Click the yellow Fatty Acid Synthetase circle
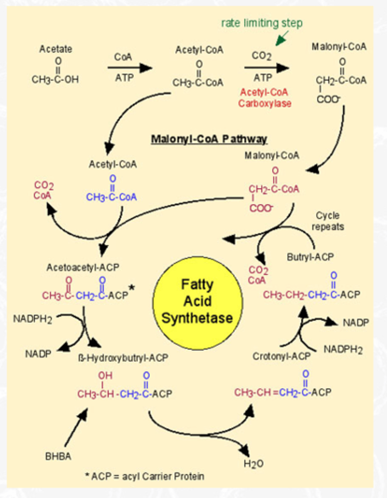click(x=197, y=301)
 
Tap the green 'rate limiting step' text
click(x=262, y=24)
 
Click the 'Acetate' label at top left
click(x=55, y=49)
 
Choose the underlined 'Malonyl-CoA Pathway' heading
click(x=209, y=139)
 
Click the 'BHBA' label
click(x=58, y=457)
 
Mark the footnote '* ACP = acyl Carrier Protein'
click(x=144, y=476)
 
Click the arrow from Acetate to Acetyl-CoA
click(x=130, y=68)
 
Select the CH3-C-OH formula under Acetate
click(x=55, y=79)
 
